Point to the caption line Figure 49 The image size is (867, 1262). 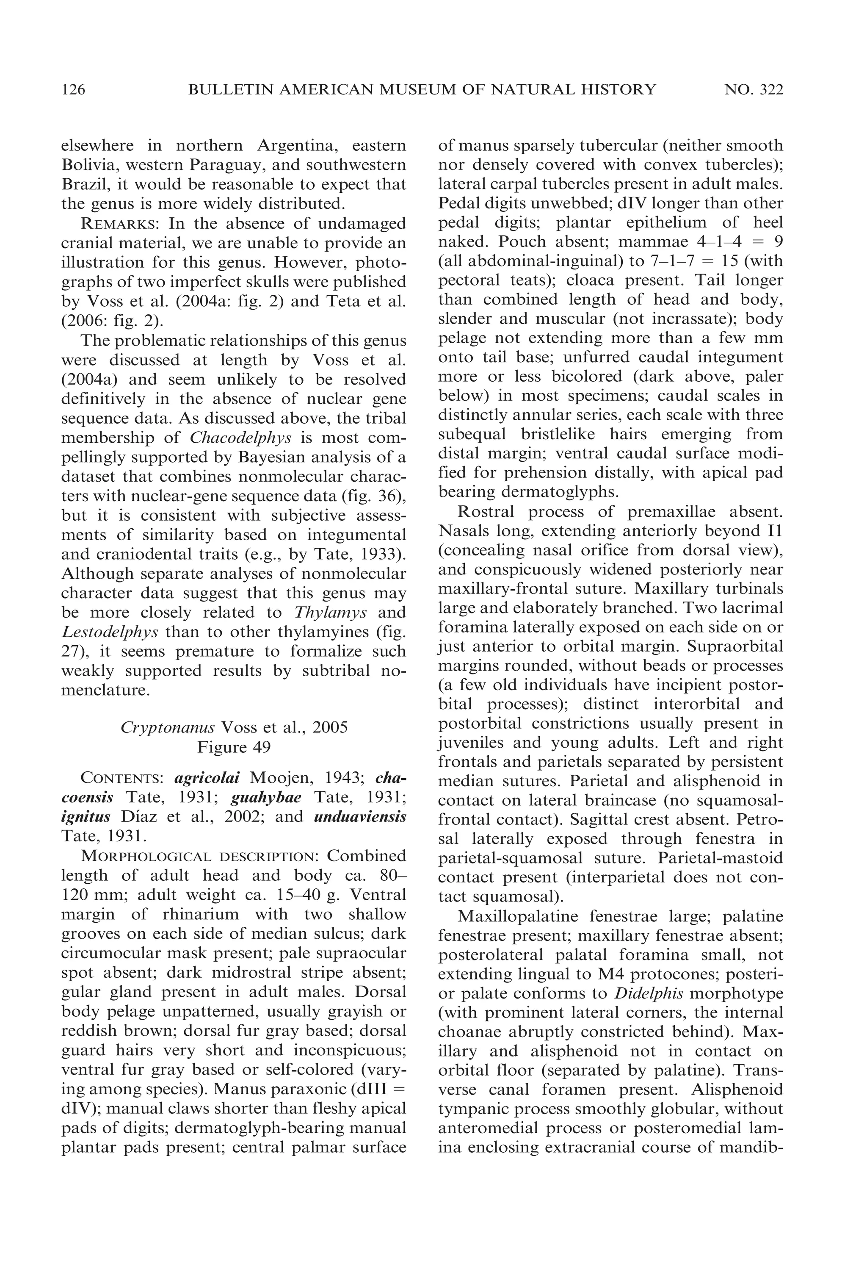(234, 747)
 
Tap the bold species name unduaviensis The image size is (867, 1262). (360, 817)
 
